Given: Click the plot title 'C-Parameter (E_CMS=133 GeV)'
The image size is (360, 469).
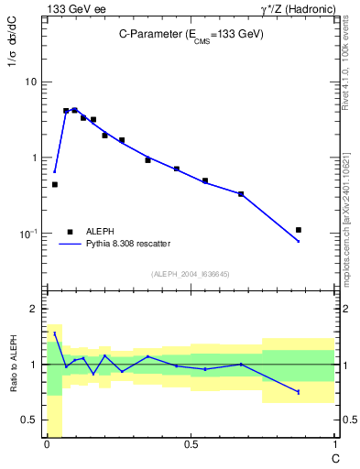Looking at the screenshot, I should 191,34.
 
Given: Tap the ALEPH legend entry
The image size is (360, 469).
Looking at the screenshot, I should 100,232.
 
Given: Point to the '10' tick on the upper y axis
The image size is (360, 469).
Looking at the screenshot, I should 31,82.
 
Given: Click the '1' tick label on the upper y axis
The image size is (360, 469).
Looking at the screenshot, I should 34,158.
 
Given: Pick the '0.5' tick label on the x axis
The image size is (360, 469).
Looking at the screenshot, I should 191,443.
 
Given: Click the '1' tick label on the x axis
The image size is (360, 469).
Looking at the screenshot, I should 334,443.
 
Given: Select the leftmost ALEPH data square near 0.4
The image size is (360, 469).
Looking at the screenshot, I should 55,184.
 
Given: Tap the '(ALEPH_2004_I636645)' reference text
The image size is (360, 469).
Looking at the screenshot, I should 191,274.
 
